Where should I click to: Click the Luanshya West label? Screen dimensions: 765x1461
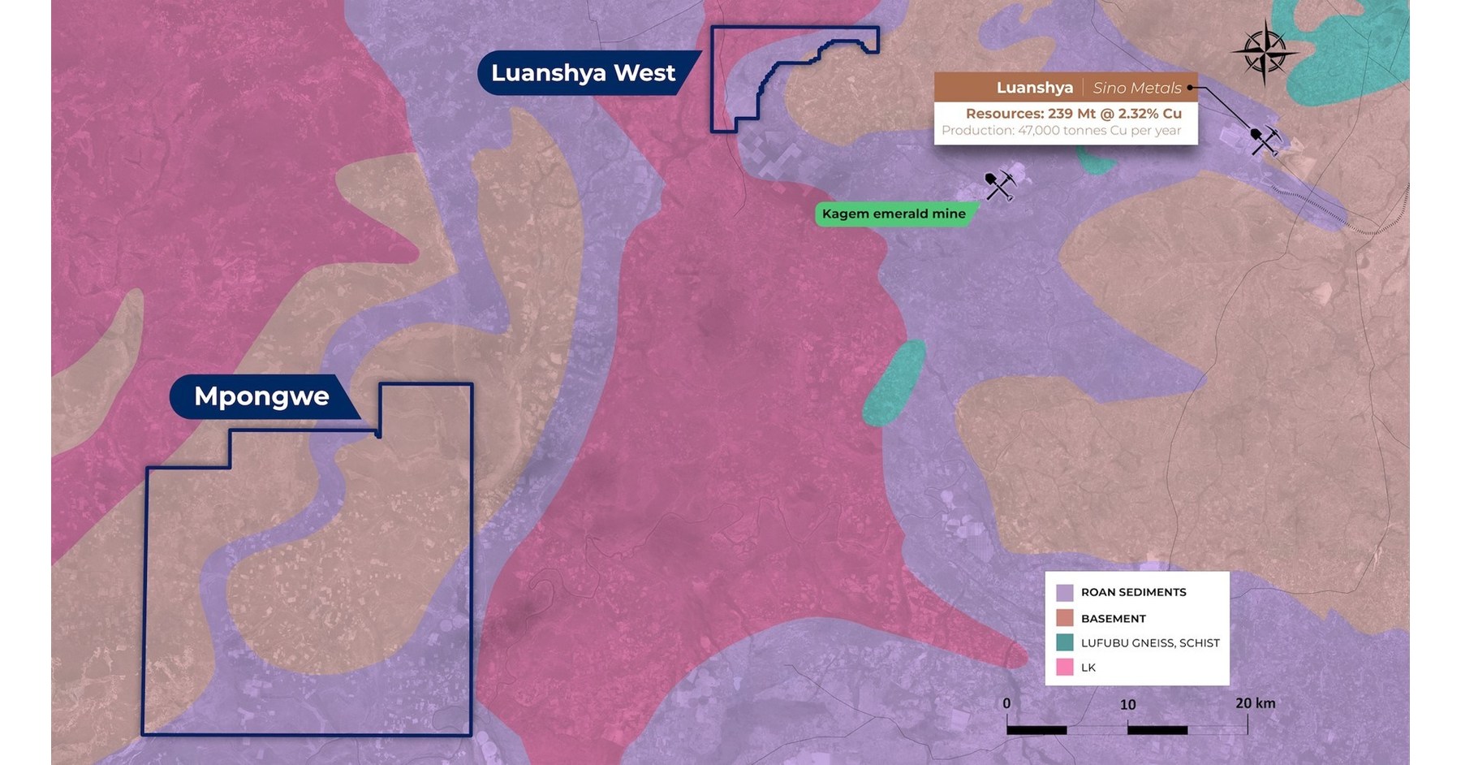pyautogui.click(x=583, y=73)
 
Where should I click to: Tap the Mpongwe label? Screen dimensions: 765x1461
pyautogui.click(x=261, y=396)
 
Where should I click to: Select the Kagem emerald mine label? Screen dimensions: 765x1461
pyautogui.click(x=894, y=214)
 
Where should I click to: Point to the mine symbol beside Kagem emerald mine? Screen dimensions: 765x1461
pyautogui.click(x=1000, y=185)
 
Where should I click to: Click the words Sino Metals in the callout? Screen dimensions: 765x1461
pyautogui.click(x=1136, y=88)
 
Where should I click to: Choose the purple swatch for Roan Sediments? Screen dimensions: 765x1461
pyautogui.click(x=1065, y=592)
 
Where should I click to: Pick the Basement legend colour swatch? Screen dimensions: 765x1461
pyautogui.click(x=1065, y=618)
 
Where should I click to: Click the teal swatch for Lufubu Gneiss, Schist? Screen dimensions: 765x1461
pyautogui.click(x=1065, y=642)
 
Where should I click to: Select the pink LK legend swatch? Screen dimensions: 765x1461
pyautogui.click(x=1065, y=668)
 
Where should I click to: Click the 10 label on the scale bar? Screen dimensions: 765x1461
pyautogui.click(x=1127, y=704)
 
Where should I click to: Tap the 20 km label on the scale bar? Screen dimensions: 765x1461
pyautogui.click(x=1255, y=702)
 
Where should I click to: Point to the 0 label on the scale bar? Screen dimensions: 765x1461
pyautogui.click(x=1006, y=703)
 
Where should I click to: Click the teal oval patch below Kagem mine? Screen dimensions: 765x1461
pyautogui.click(x=894, y=383)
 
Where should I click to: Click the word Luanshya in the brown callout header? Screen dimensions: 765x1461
pyautogui.click(x=1034, y=88)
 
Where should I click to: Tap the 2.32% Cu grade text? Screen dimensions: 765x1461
pyautogui.click(x=1149, y=114)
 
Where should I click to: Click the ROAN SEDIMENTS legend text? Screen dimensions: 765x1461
pyautogui.click(x=1133, y=592)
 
